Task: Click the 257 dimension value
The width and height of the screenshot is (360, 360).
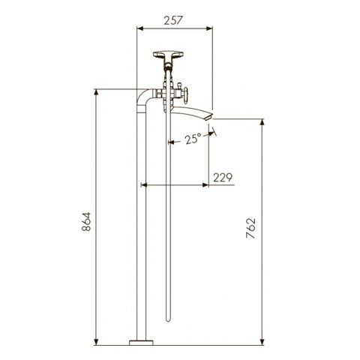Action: (x=173, y=20)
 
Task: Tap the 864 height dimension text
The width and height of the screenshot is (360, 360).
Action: (x=86, y=222)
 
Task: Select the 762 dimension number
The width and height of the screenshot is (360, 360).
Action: (x=250, y=228)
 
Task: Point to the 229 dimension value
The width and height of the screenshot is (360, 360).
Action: (x=223, y=177)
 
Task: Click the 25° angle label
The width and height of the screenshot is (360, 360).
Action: (x=193, y=139)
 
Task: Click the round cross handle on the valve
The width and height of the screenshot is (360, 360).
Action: (x=185, y=94)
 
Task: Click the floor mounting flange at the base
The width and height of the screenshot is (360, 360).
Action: (x=141, y=343)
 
